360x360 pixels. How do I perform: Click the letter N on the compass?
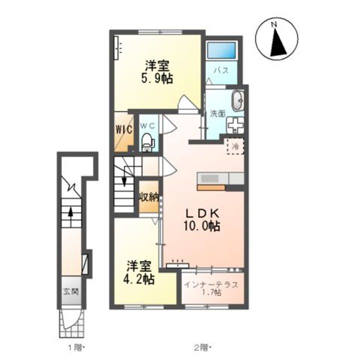pyautogui.click(x=273, y=24)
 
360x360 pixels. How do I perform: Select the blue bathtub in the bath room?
pyautogui.click(x=221, y=50)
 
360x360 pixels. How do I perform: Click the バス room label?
pyautogui.click(x=221, y=70)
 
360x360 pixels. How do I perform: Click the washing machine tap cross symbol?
pyautogui.click(x=235, y=124)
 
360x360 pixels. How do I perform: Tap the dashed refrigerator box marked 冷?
pyautogui.click(x=235, y=146)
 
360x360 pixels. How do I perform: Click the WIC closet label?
pyautogui.click(x=124, y=129)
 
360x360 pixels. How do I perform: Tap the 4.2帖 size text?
pyautogui.click(x=138, y=279)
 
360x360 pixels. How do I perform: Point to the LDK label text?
pyautogui.click(x=202, y=214)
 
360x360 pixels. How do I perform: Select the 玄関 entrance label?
pyautogui.click(x=71, y=291)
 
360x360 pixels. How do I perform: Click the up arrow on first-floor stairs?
pyautogui.click(x=70, y=214)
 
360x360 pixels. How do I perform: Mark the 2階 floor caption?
pyautogui.click(x=202, y=347)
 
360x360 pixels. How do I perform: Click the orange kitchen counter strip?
pyautogui.click(x=211, y=187)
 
